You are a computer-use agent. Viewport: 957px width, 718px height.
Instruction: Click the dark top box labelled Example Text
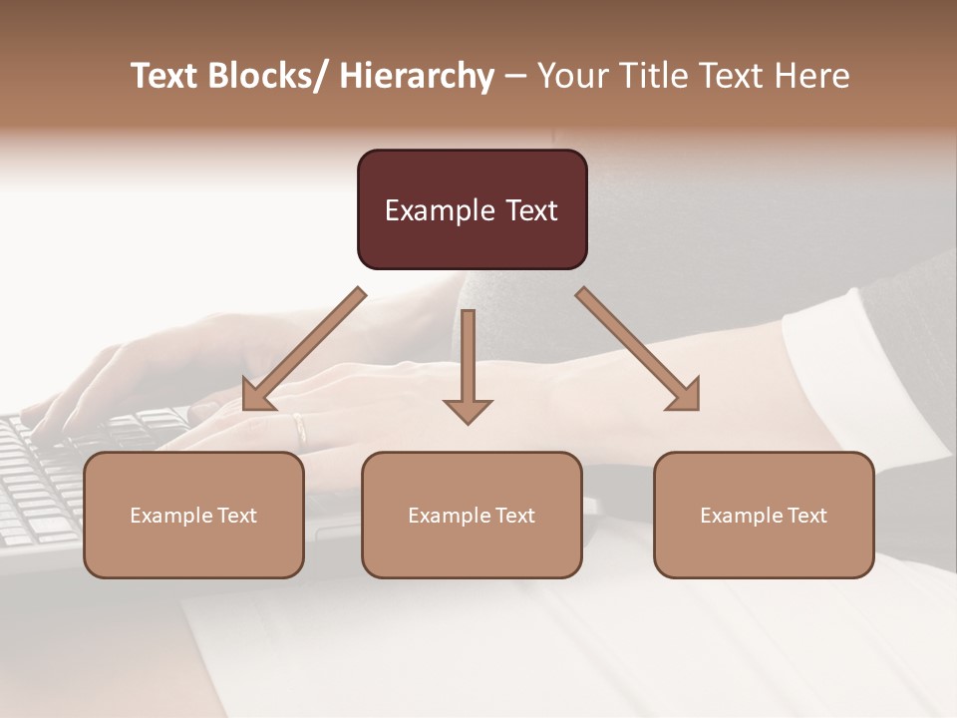click(x=472, y=209)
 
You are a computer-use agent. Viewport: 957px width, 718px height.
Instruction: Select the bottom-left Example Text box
click(x=193, y=515)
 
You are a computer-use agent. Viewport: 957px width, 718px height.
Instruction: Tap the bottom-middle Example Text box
click(x=472, y=515)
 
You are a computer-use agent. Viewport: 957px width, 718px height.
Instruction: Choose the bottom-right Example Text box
click(x=764, y=515)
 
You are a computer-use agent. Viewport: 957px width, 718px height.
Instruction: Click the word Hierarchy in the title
click(x=417, y=76)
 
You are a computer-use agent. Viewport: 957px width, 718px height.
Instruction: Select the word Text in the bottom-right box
click(x=805, y=515)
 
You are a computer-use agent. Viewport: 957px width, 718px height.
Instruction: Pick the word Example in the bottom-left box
click(x=170, y=516)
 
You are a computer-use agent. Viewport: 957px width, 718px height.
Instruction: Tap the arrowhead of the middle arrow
click(x=468, y=411)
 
